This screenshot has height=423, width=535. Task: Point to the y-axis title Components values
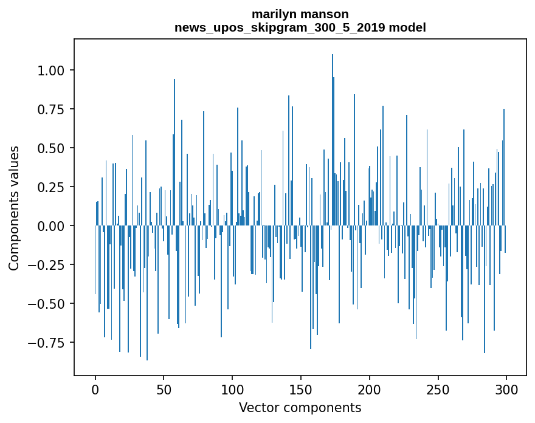point(14,207)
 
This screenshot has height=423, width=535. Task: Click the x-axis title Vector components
point(300,408)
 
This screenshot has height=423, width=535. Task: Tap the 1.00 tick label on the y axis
point(52,70)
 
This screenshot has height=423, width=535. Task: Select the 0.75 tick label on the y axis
point(52,109)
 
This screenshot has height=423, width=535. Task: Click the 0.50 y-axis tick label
point(52,148)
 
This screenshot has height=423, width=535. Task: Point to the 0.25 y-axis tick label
point(52,187)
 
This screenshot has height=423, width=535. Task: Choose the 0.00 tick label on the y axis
point(52,226)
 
